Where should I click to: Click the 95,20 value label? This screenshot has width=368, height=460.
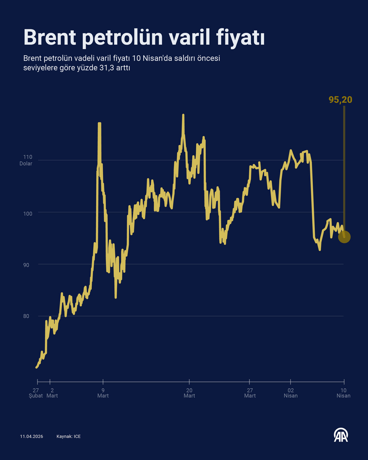click(340, 100)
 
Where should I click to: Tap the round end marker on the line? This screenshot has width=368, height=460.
click(344, 237)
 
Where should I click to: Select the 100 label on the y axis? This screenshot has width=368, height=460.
click(28, 214)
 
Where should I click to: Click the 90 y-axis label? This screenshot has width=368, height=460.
click(26, 265)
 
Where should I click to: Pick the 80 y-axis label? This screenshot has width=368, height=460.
click(26, 316)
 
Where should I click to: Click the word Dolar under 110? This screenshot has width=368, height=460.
click(26, 164)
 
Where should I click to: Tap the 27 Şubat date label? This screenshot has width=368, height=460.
click(35, 393)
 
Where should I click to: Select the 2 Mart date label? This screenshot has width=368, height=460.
click(52, 393)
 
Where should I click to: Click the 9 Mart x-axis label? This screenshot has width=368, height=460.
click(103, 393)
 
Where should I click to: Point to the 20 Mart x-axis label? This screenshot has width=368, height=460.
click(189, 393)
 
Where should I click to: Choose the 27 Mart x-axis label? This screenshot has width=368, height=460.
click(250, 393)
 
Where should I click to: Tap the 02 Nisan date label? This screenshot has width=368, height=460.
click(290, 393)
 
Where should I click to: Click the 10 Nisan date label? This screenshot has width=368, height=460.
click(343, 393)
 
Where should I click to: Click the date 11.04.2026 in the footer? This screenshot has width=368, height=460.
click(32, 436)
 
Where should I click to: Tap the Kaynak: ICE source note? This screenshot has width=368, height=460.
click(68, 436)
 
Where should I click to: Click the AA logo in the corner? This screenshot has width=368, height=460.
click(341, 435)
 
